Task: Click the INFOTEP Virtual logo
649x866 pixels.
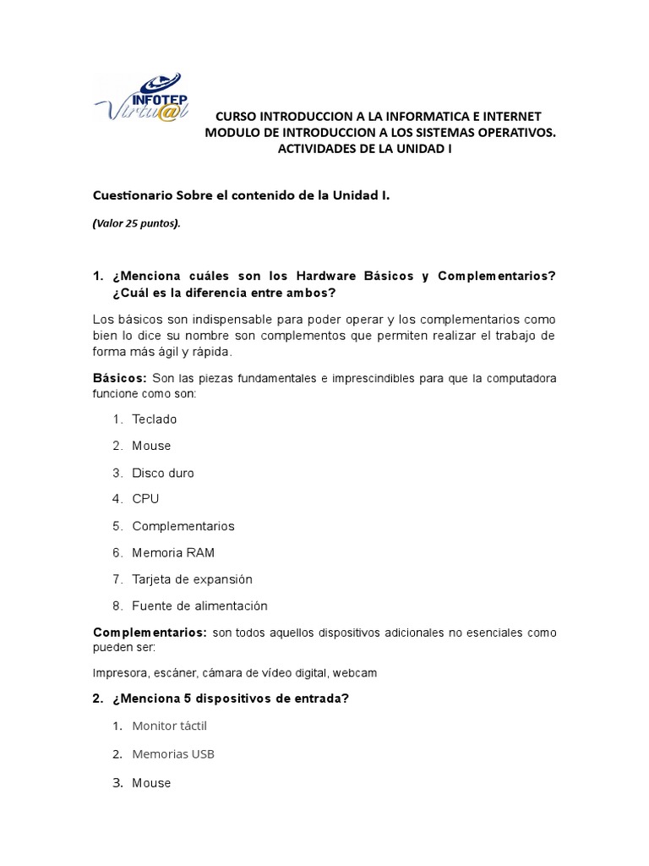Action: click(x=150, y=100)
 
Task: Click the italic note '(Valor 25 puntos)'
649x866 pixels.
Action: click(x=136, y=224)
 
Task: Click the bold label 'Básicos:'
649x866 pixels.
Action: click(x=120, y=378)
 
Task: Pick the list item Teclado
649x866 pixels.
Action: click(x=155, y=419)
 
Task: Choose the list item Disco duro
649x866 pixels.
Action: click(x=163, y=473)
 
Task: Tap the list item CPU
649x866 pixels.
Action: click(x=145, y=499)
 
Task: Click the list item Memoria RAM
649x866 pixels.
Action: click(x=173, y=553)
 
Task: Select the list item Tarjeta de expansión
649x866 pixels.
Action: click(x=193, y=579)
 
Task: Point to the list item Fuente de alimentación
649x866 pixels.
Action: click(x=199, y=606)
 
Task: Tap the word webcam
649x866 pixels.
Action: click(x=355, y=673)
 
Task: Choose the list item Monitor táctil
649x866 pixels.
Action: click(x=169, y=726)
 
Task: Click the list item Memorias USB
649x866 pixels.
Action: click(x=173, y=754)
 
